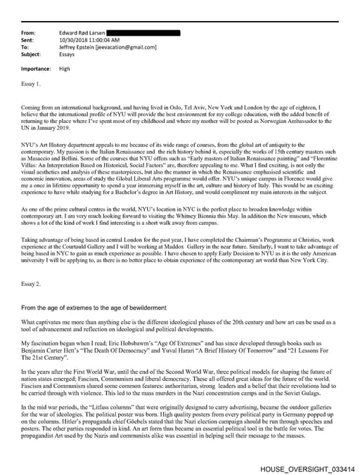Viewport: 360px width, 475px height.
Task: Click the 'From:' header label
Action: pos(30,33)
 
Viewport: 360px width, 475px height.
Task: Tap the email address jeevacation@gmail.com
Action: pos(131,47)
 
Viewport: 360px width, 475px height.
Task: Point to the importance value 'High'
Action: pos(65,69)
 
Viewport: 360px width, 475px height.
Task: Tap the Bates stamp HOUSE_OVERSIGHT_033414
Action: pos(307,468)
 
